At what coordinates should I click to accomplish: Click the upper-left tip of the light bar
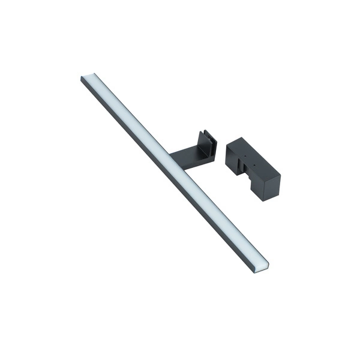(x=82, y=76)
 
